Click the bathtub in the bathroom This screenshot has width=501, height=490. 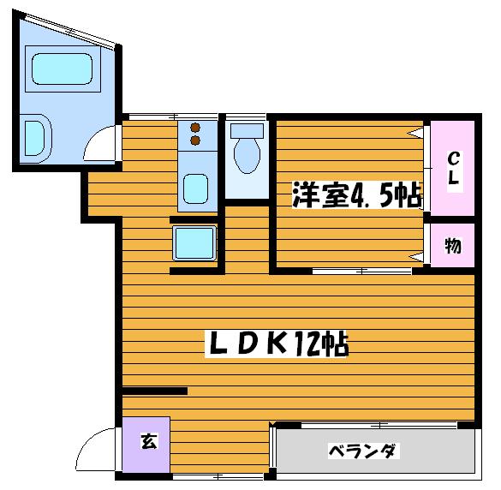click(x=63, y=69)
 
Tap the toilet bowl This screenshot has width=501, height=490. click(x=247, y=156)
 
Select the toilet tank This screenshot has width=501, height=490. click(x=247, y=131)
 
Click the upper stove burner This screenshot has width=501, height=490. click(x=195, y=128)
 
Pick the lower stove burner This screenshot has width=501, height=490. click(x=195, y=140)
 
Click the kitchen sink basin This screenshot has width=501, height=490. click(x=195, y=189)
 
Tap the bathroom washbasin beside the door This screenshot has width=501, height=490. click(x=37, y=139)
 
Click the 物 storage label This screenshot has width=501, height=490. click(x=453, y=246)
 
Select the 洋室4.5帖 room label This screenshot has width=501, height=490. click(x=357, y=194)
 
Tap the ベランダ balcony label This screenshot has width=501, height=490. click(x=363, y=451)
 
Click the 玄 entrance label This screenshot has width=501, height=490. click(x=149, y=441)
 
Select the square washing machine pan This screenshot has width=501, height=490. click(x=194, y=243)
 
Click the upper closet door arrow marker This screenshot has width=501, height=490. click(x=415, y=132)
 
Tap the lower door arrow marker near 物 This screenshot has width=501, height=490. click(x=415, y=257)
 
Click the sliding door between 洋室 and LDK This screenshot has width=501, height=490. click(x=362, y=272)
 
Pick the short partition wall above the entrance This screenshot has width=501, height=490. click(x=155, y=391)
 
